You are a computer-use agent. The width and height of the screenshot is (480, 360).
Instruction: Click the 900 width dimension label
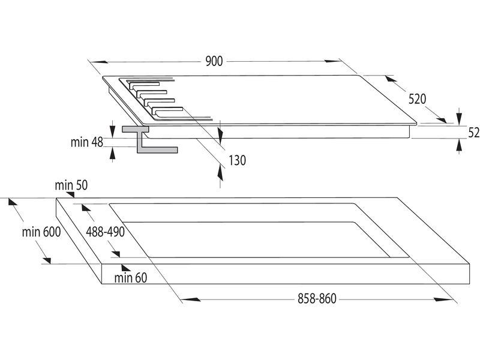pos(214,61)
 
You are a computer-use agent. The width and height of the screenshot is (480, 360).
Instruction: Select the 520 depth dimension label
pos(419,99)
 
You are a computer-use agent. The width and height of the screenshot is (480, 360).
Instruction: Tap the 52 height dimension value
pos(473,133)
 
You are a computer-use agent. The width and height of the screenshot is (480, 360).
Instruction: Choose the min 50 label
pos(71,185)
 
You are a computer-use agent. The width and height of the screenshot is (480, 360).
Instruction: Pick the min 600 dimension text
pos(41,232)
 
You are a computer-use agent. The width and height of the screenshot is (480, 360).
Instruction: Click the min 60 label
pos(130,277)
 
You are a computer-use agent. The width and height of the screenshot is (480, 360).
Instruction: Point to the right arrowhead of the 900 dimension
pos(332,61)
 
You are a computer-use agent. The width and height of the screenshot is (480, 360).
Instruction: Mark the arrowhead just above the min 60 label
pos(125,266)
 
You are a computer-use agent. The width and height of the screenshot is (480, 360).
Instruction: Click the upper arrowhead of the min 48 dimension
pos(113,128)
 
